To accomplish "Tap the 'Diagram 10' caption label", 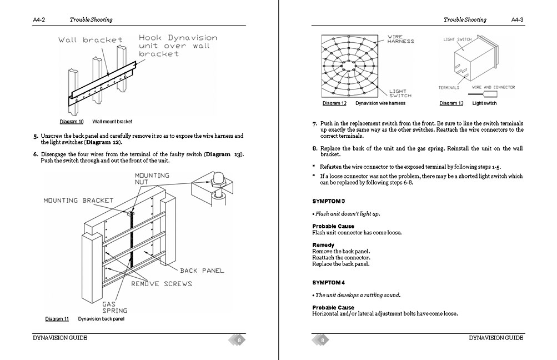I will tap(72, 121).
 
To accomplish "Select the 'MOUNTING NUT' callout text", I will tap(152, 179).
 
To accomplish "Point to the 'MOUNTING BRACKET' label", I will tap(78, 201).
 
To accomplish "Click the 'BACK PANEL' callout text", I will tap(202, 271).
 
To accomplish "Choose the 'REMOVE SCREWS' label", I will tap(162, 284).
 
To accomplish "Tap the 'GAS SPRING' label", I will tap(114, 307).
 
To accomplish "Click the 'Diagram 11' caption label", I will tap(57, 319).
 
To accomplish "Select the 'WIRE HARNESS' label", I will tap(400, 39).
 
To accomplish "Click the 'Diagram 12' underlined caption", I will tap(334, 103).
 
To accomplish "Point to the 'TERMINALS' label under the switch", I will tap(449, 88).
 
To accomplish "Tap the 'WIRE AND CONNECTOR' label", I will tap(493, 87).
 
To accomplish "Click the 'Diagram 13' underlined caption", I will tap(451, 103).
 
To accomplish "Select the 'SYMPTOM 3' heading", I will tap(328, 201).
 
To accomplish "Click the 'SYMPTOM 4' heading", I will tap(328, 282).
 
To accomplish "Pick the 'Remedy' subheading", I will tap(323, 245).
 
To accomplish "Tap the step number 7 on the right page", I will tap(314, 123).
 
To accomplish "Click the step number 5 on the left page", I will tap(36, 136).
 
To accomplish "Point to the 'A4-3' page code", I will tap(517, 19).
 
